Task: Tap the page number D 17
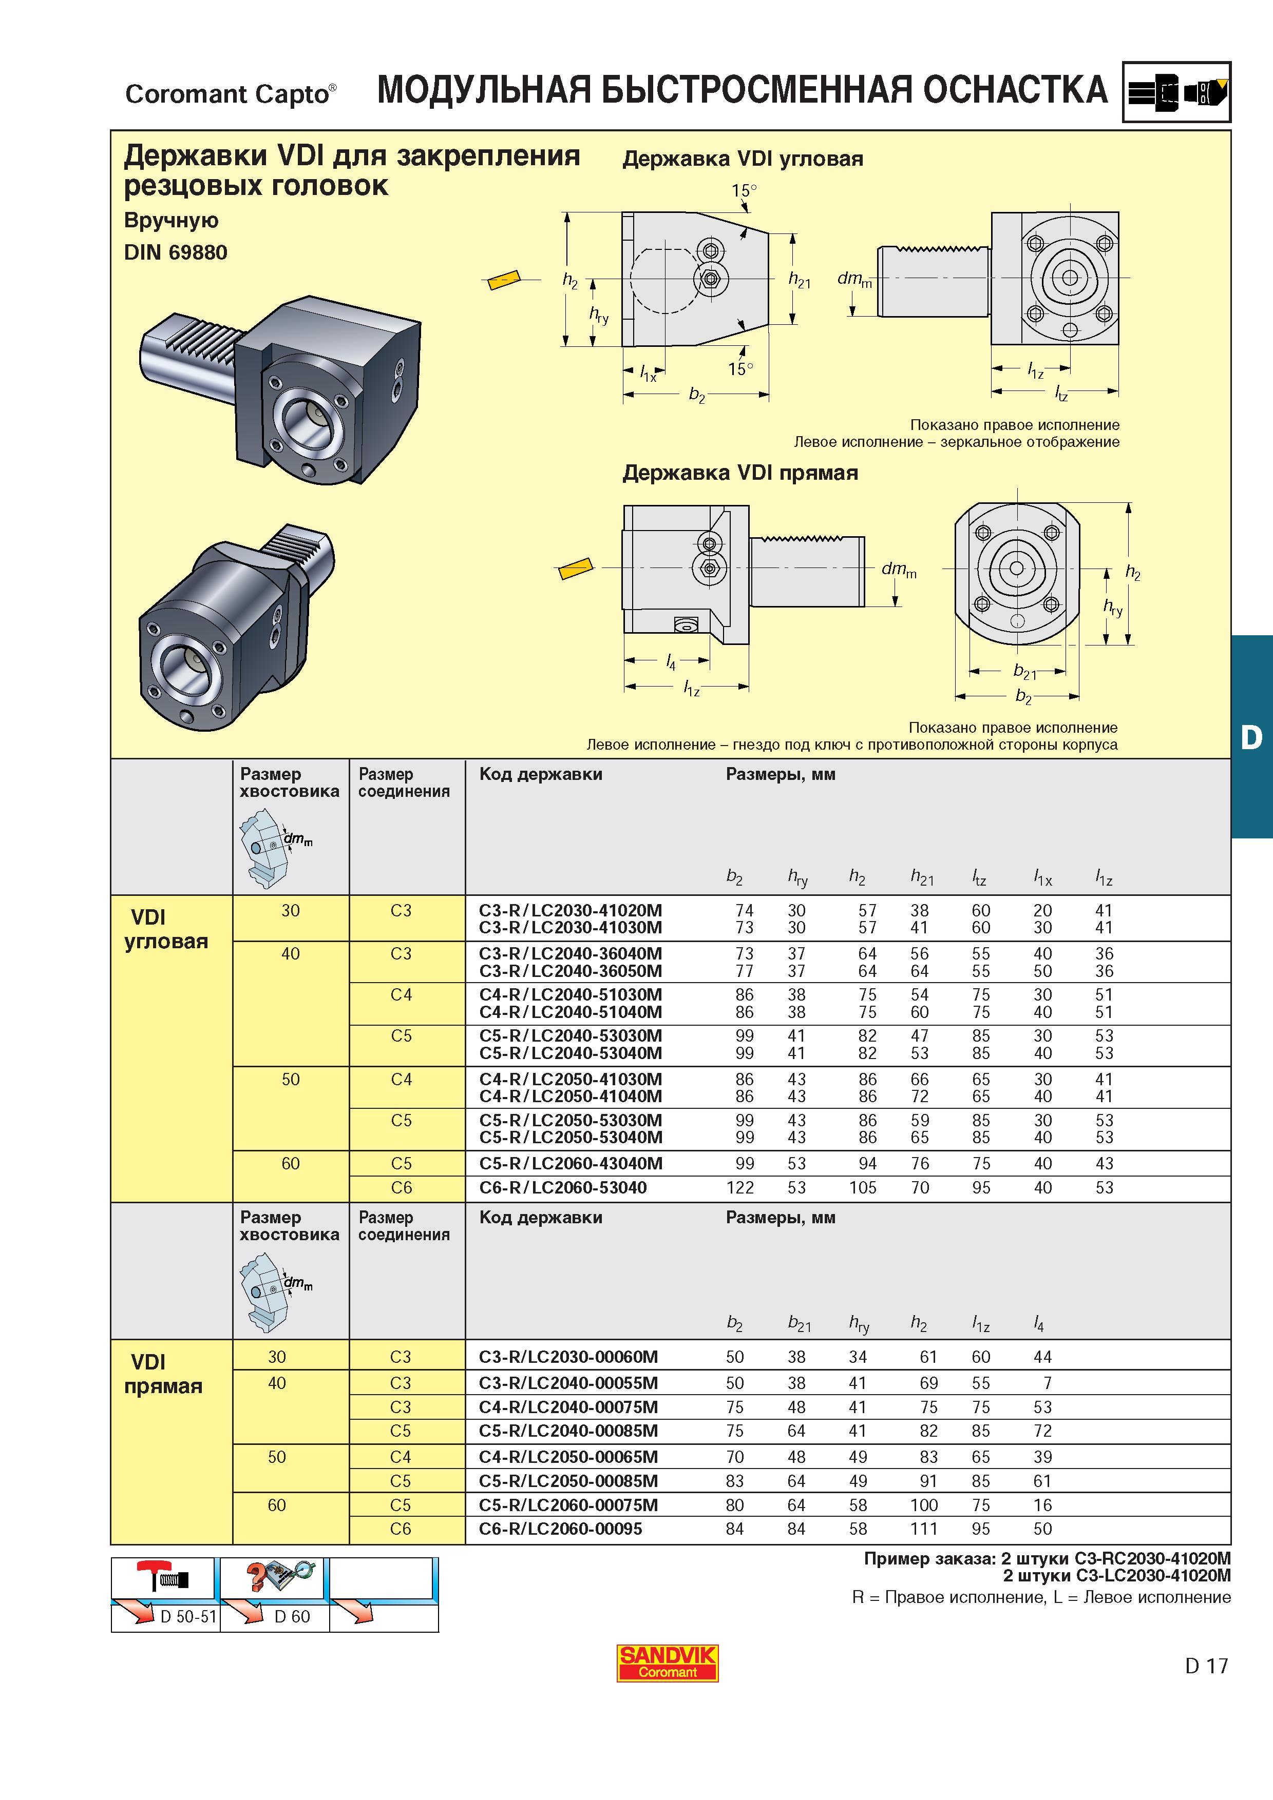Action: tap(1206, 1665)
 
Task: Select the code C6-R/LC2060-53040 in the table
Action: tap(563, 1188)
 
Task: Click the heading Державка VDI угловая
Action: tap(742, 159)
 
